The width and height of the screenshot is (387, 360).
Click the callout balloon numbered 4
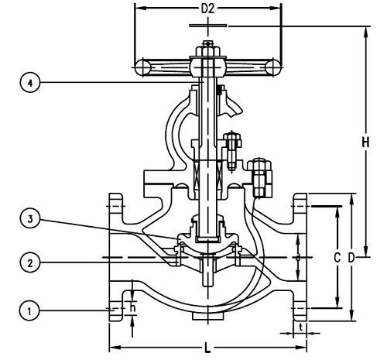30,83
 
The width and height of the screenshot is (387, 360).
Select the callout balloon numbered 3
30,219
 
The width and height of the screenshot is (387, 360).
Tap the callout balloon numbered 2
30,263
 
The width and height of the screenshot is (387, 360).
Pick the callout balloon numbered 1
29,310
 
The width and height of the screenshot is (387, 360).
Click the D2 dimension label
207,9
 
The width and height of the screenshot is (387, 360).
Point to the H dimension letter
365,142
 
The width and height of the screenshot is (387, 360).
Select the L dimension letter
207,348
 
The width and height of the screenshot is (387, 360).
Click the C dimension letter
337,258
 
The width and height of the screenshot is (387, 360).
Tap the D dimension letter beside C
351,258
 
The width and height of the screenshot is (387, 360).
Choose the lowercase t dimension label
300,327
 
